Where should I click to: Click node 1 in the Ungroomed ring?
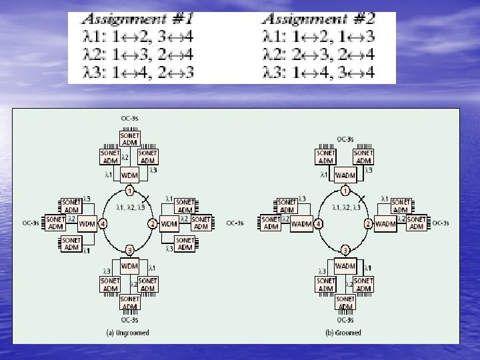[130, 191]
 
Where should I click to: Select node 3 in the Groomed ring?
[345, 250]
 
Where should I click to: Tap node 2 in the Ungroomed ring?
[153, 223]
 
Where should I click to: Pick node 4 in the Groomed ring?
[319, 223]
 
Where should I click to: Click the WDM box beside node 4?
[87, 223]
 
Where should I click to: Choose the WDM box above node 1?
[129, 175]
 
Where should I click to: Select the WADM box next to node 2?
[385, 223]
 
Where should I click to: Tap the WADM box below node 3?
[345, 266]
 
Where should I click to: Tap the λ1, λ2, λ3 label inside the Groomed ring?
[346, 207]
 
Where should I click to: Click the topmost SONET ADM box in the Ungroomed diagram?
[130, 138]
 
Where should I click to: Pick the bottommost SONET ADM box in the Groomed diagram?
[345, 303]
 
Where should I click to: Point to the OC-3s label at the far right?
[441, 223]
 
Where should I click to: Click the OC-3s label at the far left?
[31, 223]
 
